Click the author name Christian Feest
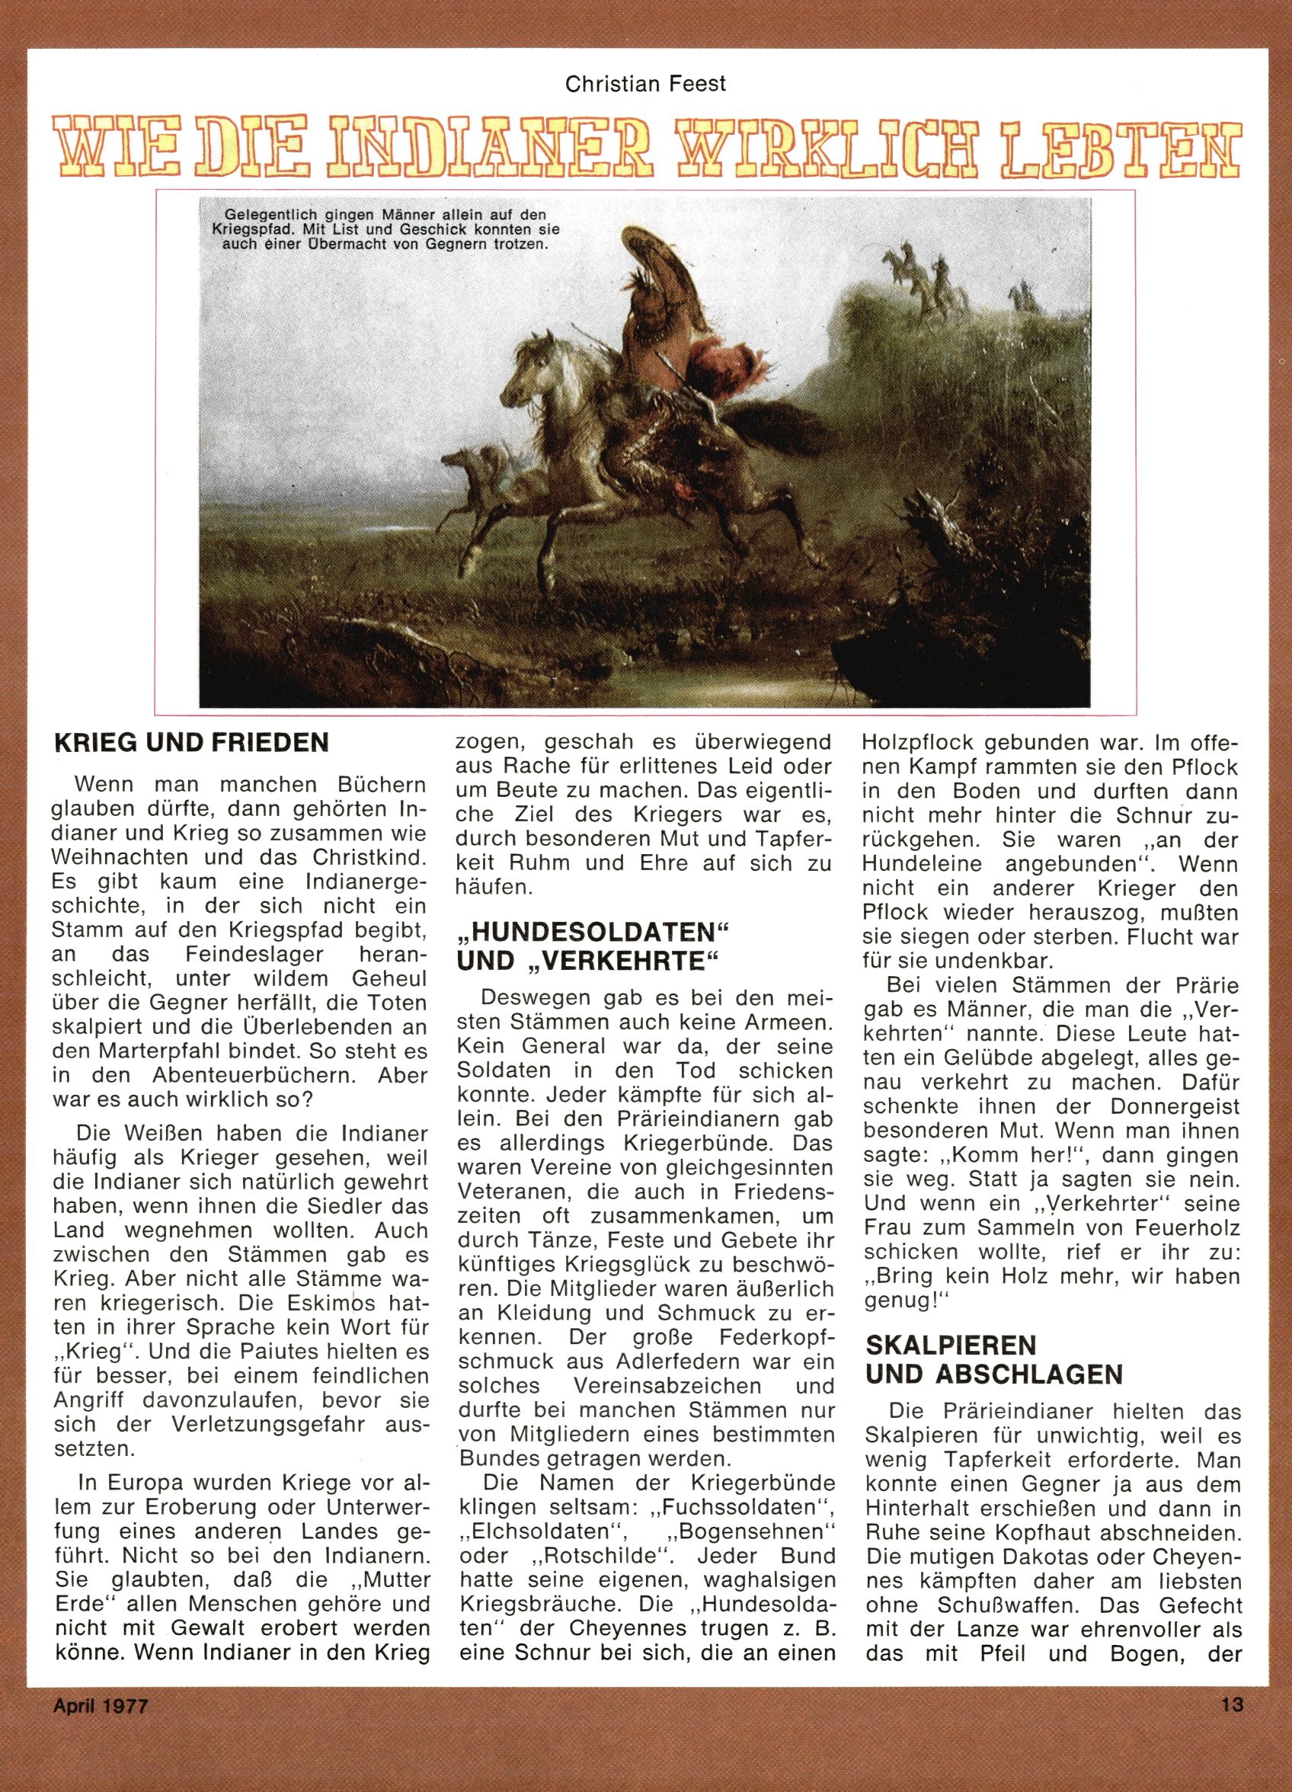pos(644,85)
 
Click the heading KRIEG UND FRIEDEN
pos(190,744)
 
